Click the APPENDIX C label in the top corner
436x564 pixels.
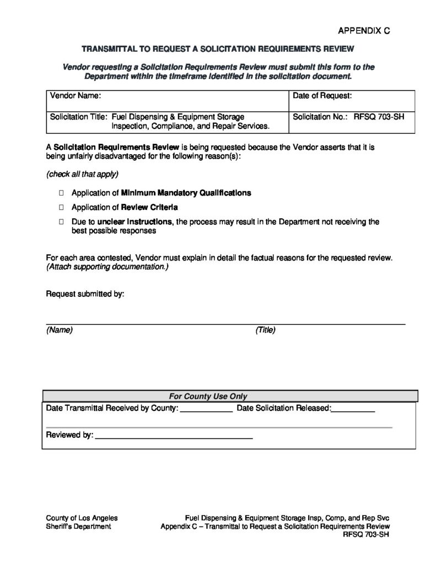point(363,31)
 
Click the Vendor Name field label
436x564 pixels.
point(76,96)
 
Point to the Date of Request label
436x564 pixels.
point(322,96)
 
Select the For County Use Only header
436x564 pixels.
point(208,396)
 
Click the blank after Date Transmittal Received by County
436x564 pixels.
point(207,410)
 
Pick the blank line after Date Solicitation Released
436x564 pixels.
point(353,410)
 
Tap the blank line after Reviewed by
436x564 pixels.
point(174,436)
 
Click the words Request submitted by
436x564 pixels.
point(85,294)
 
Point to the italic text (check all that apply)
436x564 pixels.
point(82,174)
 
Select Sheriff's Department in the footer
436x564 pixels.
point(78,526)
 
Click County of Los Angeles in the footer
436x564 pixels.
point(82,518)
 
